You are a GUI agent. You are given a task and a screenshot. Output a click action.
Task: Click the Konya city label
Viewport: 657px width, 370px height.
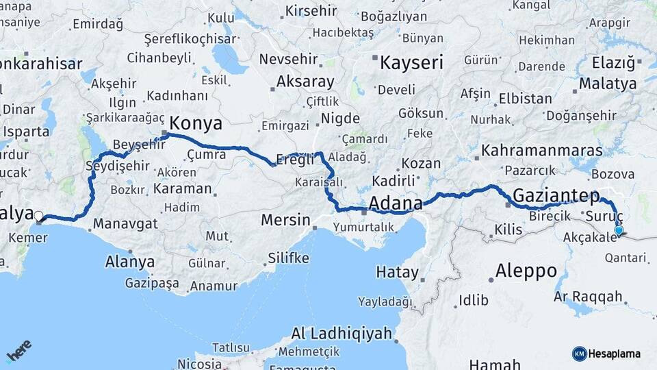[195, 123]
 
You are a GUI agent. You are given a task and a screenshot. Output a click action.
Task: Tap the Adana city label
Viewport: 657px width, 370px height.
[396, 203]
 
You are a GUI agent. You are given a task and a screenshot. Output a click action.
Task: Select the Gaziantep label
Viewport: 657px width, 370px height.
[556, 195]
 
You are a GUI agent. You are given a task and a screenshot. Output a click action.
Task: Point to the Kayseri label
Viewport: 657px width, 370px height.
[411, 63]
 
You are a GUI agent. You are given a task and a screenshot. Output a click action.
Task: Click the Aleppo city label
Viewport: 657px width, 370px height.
[526, 270]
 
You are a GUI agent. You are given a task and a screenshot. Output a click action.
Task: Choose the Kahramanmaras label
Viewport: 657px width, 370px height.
[542, 150]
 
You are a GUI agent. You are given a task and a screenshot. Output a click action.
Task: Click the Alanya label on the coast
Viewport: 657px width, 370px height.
[129, 261]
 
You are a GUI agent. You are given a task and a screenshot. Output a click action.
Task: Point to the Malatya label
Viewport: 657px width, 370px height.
[608, 84]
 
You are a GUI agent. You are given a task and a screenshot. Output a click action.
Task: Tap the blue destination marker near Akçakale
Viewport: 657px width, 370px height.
[619, 231]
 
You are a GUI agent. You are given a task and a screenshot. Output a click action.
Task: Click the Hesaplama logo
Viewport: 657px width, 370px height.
[606, 354]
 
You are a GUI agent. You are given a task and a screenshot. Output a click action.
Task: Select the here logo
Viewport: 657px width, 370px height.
[18, 351]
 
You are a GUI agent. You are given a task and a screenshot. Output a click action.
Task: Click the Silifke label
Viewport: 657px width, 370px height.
[288, 258]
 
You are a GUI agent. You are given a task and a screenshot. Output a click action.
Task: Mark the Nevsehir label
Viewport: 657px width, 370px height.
[289, 59]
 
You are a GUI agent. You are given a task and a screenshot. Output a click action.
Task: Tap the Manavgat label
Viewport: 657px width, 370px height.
[125, 223]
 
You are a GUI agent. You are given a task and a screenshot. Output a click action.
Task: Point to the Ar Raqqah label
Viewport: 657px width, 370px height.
[588, 297]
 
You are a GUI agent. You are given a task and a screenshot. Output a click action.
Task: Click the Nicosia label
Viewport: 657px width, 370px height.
[199, 364]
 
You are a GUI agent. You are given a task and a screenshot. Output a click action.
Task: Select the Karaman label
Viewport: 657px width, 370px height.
[183, 188]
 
